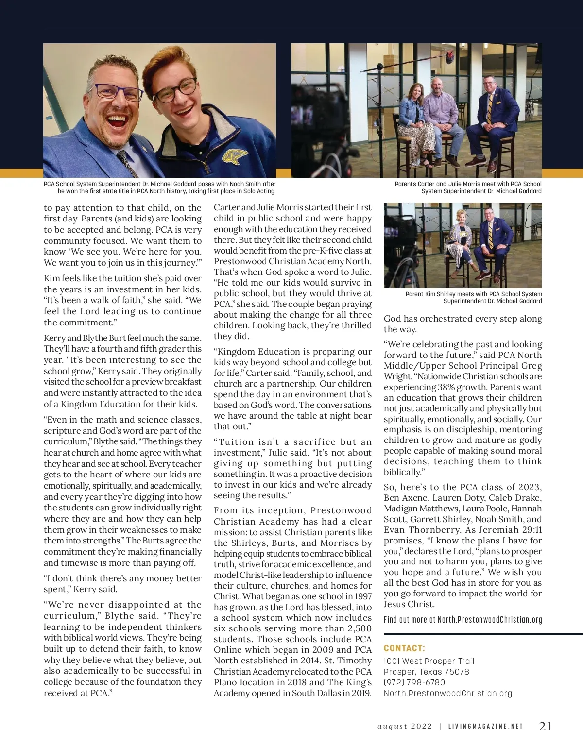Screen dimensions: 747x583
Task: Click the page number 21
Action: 546,726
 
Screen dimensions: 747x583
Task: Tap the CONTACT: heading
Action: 404,648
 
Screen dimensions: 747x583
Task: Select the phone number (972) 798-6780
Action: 414,682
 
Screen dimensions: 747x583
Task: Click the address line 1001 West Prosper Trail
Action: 429,661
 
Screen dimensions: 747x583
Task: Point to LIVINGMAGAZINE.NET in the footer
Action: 485,727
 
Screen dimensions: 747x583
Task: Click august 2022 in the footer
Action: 405,727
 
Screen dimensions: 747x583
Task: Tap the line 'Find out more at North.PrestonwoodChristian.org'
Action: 463,620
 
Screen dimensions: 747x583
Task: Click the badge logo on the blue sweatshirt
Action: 236,155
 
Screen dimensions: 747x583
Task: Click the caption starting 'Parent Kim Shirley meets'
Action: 474,297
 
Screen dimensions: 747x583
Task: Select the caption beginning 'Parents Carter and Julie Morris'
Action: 468,187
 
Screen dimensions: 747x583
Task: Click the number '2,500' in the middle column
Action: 360,628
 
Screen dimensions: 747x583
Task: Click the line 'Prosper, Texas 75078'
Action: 426,672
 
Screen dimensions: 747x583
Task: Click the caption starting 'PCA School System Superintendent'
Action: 159,187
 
